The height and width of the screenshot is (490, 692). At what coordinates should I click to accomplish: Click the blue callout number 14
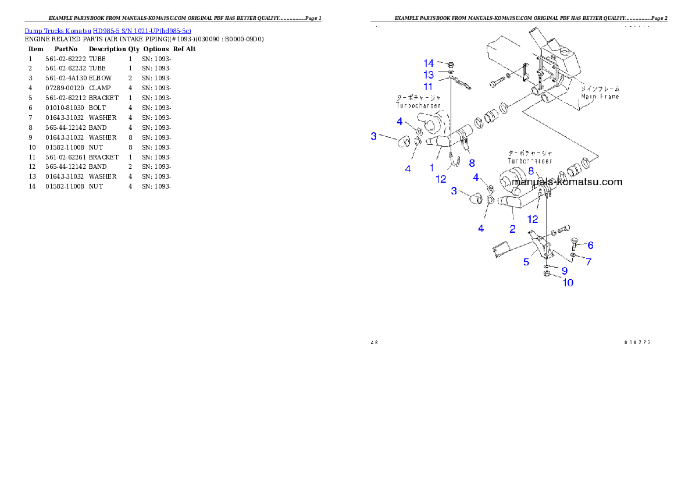click(429, 63)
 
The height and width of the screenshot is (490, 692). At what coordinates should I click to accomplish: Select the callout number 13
click(429, 74)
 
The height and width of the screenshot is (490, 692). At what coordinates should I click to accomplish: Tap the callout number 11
click(428, 86)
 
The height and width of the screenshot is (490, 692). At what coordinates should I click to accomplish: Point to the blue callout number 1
click(432, 167)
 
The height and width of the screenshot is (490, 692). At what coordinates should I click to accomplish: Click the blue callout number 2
click(512, 229)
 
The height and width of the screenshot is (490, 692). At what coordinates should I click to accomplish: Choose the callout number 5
click(526, 262)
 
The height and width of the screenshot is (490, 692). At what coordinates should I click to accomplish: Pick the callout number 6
click(590, 245)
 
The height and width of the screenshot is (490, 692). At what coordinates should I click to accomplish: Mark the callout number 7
click(588, 262)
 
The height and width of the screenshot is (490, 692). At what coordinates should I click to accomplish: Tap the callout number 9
click(564, 271)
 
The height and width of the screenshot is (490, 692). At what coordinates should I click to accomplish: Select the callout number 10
click(568, 282)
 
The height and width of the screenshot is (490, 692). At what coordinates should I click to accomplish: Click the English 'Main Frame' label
click(601, 97)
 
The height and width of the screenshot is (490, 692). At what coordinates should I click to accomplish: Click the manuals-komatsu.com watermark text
click(567, 182)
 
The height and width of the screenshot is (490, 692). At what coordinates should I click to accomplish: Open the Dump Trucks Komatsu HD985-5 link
click(108, 30)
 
